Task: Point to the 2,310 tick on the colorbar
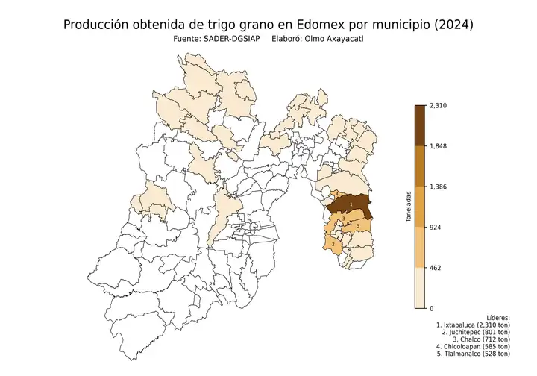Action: tap(436, 106)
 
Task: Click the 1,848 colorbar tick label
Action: tap(436, 146)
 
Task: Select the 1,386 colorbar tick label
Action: tap(436, 187)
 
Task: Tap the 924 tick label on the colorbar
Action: tap(433, 227)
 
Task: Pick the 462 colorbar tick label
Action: tap(433, 267)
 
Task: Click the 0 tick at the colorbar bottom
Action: tap(430, 307)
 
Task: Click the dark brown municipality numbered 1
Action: tap(351, 204)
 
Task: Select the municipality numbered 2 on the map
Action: tap(333, 244)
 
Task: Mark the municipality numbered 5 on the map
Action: tap(358, 225)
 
